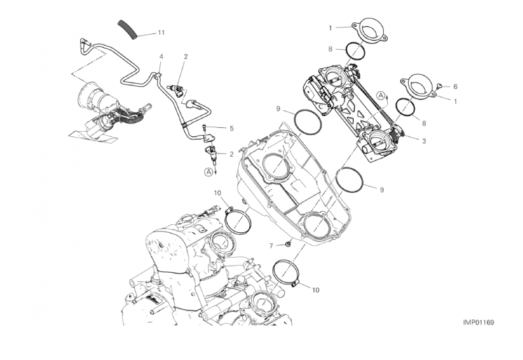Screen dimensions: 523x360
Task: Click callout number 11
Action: click(161, 33)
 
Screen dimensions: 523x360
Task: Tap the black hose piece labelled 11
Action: click(128, 30)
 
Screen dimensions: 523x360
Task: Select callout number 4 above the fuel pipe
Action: click(161, 56)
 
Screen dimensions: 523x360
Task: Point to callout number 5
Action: click(232, 129)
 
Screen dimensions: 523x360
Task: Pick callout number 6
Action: click(455, 87)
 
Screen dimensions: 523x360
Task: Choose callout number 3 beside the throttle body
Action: click(424, 141)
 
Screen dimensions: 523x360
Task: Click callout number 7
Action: click(271, 246)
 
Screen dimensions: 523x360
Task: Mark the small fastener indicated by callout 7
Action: click(288, 245)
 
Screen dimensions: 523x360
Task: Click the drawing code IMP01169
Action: click(478, 323)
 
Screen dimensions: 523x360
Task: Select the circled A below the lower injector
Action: click(209, 172)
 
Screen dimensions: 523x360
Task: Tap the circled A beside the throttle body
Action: click(381, 96)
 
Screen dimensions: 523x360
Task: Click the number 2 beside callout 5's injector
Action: click(232, 154)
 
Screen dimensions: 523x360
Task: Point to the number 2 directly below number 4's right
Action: click(186, 56)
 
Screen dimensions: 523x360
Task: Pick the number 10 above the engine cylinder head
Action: click(217, 193)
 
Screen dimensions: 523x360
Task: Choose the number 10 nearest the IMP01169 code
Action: click(316, 290)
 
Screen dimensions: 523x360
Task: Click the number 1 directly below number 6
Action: click(455, 101)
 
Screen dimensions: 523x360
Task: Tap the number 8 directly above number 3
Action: click(424, 123)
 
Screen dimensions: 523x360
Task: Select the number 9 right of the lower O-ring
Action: click(382, 190)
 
